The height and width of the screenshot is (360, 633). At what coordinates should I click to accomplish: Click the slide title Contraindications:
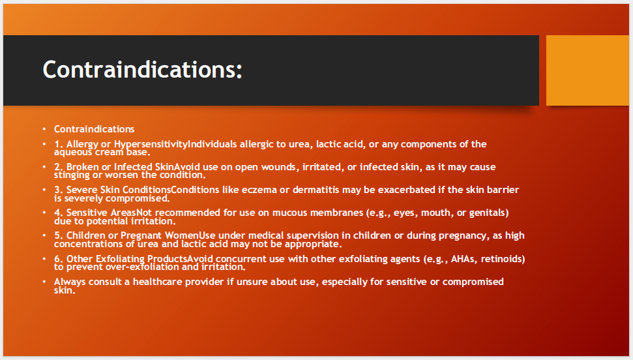click(142, 70)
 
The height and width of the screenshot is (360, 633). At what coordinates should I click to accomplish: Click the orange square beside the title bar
click(587, 70)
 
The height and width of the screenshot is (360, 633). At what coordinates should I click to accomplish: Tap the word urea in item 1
click(299, 144)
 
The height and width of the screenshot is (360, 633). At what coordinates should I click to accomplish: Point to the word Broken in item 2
click(83, 167)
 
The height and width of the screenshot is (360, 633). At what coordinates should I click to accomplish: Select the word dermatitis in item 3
click(316, 190)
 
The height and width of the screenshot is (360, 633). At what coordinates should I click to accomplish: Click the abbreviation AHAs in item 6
click(463, 258)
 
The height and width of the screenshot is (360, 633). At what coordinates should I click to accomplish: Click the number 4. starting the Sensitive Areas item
click(59, 213)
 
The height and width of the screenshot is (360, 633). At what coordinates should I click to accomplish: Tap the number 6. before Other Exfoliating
click(59, 258)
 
